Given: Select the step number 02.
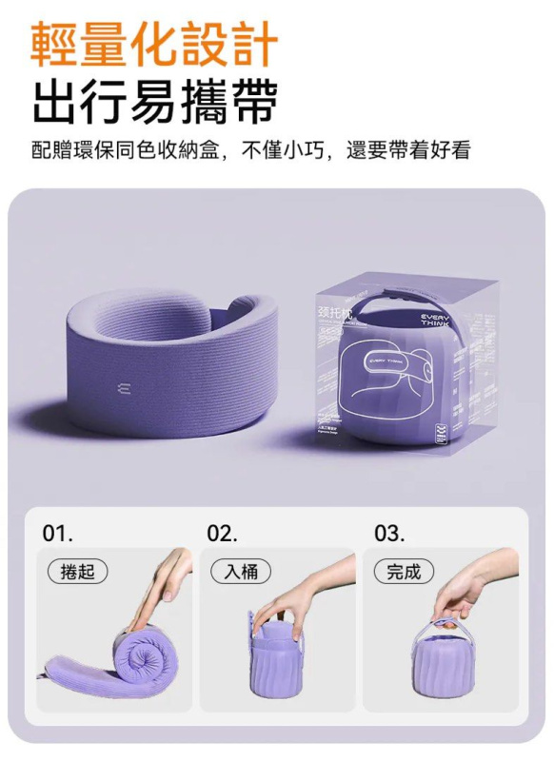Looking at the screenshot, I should point(222,533).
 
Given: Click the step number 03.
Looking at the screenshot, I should point(387,533).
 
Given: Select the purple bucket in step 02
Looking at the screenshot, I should point(276,656).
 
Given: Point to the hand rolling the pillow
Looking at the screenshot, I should point(172,576).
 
